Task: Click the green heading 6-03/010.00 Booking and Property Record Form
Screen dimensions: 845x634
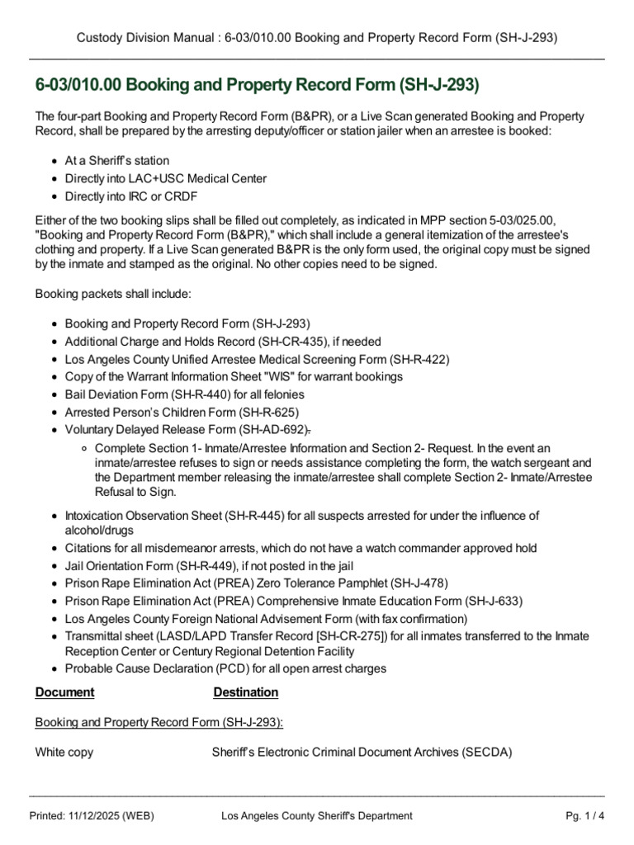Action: (x=257, y=86)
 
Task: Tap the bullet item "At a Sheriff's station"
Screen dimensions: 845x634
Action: (x=116, y=160)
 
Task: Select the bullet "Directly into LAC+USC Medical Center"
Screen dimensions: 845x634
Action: (x=165, y=178)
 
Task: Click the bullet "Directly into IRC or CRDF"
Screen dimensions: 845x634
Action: (x=130, y=196)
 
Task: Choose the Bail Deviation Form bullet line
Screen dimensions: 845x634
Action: (x=184, y=394)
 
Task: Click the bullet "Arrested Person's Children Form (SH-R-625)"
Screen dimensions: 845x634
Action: (x=182, y=412)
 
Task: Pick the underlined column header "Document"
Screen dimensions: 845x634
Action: (x=64, y=692)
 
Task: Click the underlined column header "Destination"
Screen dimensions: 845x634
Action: (x=246, y=692)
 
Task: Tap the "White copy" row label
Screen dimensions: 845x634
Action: (x=64, y=753)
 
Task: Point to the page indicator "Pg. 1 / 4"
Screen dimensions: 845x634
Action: (x=584, y=816)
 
